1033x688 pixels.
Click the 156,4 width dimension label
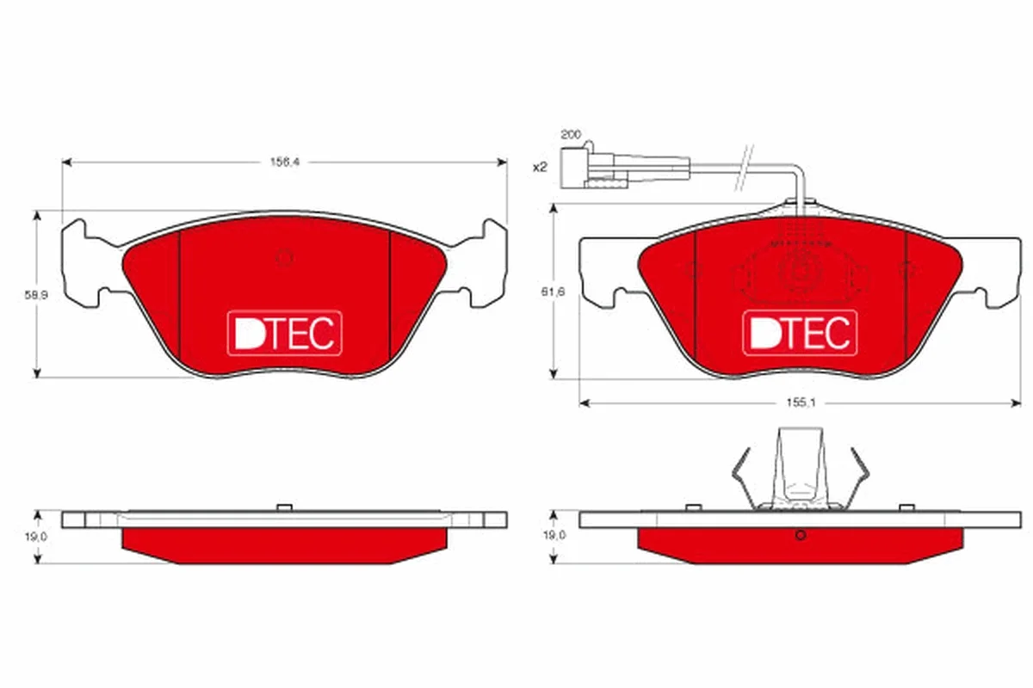285,163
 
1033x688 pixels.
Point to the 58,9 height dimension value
36,295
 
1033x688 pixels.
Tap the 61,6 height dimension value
554,292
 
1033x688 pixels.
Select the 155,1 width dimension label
801,402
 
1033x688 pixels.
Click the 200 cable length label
571,134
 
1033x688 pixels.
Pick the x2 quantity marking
540,168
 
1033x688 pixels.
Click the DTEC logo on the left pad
285,333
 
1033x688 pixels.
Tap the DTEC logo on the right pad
800,333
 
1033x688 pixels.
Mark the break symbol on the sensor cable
744,168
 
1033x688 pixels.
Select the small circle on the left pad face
284,258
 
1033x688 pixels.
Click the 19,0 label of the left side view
36,537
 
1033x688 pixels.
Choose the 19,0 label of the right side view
554,536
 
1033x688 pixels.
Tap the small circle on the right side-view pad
801,535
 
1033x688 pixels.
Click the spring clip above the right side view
800,469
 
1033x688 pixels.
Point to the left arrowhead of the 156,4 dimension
67,163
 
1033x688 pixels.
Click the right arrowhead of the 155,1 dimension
1016,403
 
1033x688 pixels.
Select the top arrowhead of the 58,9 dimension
37,217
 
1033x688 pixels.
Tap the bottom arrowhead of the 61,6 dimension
554,373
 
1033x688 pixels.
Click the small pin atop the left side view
285,507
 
